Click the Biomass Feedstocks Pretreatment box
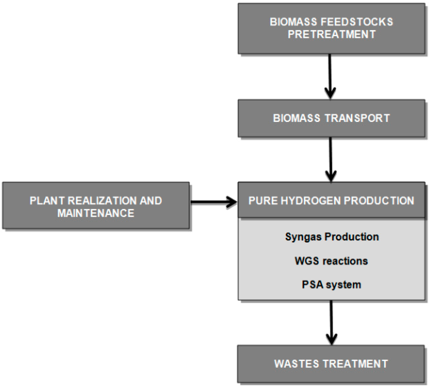(x=331, y=28)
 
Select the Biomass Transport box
(x=331, y=118)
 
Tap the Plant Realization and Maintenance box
(x=96, y=206)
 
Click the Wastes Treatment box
(x=331, y=363)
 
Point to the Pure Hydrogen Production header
(x=331, y=201)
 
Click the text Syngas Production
(x=332, y=237)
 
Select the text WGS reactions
(x=331, y=261)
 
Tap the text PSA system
(x=331, y=285)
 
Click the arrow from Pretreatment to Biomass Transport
(x=330, y=76)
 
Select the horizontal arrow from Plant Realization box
(x=213, y=202)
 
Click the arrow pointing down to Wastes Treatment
(x=332, y=322)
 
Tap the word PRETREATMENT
(x=331, y=34)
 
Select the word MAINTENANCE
(x=96, y=213)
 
